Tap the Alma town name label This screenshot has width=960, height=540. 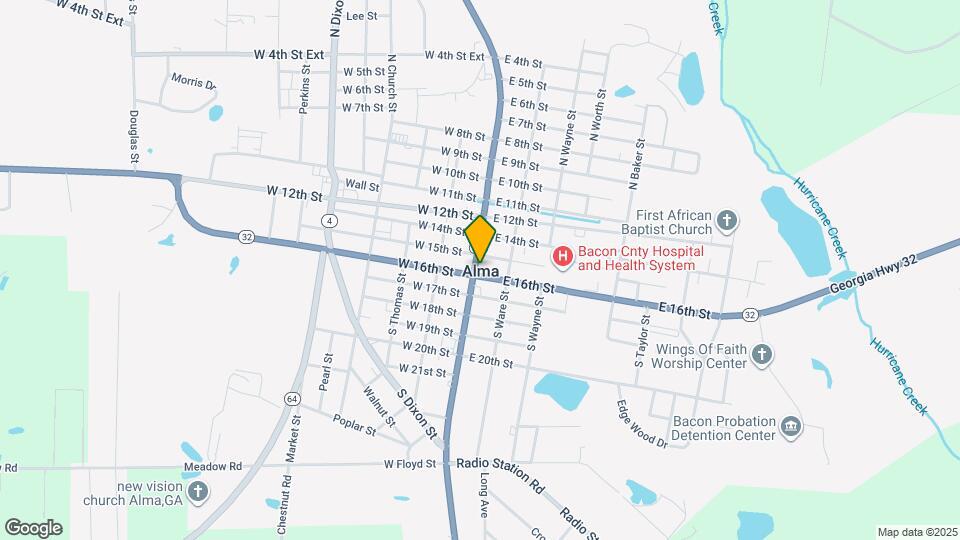(x=480, y=271)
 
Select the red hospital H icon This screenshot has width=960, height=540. (x=562, y=258)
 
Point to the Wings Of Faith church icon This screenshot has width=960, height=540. (x=762, y=354)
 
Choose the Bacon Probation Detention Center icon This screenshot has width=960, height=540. (x=791, y=428)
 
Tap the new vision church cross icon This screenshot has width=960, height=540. (x=198, y=491)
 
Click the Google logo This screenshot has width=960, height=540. (x=33, y=527)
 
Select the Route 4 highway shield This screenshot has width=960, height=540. (x=328, y=219)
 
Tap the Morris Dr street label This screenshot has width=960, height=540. (x=193, y=80)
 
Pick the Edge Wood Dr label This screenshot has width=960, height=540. (x=641, y=424)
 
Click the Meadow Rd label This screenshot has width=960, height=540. (x=213, y=466)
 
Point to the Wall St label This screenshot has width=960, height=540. (x=362, y=185)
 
